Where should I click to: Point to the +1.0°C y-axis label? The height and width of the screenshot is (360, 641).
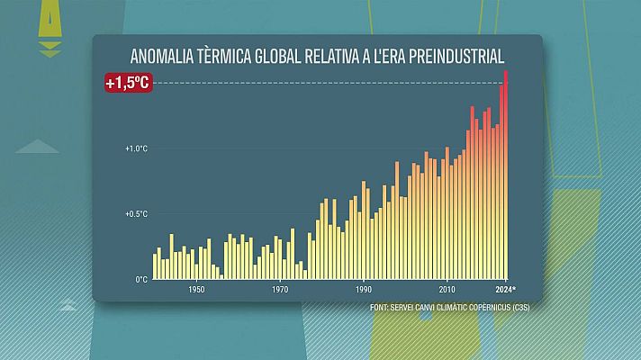click(x=135, y=148)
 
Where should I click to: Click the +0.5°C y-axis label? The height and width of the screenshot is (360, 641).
click(x=135, y=214)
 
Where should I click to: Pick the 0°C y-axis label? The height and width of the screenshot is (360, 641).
click(x=141, y=279)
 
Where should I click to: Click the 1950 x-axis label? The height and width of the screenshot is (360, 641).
click(x=196, y=290)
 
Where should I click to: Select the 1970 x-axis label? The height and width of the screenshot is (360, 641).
click(x=280, y=290)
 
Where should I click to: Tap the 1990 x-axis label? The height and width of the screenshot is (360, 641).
click(x=363, y=290)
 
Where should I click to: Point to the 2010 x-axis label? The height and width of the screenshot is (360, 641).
click(x=447, y=290)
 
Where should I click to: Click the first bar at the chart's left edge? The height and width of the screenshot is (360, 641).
click(x=155, y=266)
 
